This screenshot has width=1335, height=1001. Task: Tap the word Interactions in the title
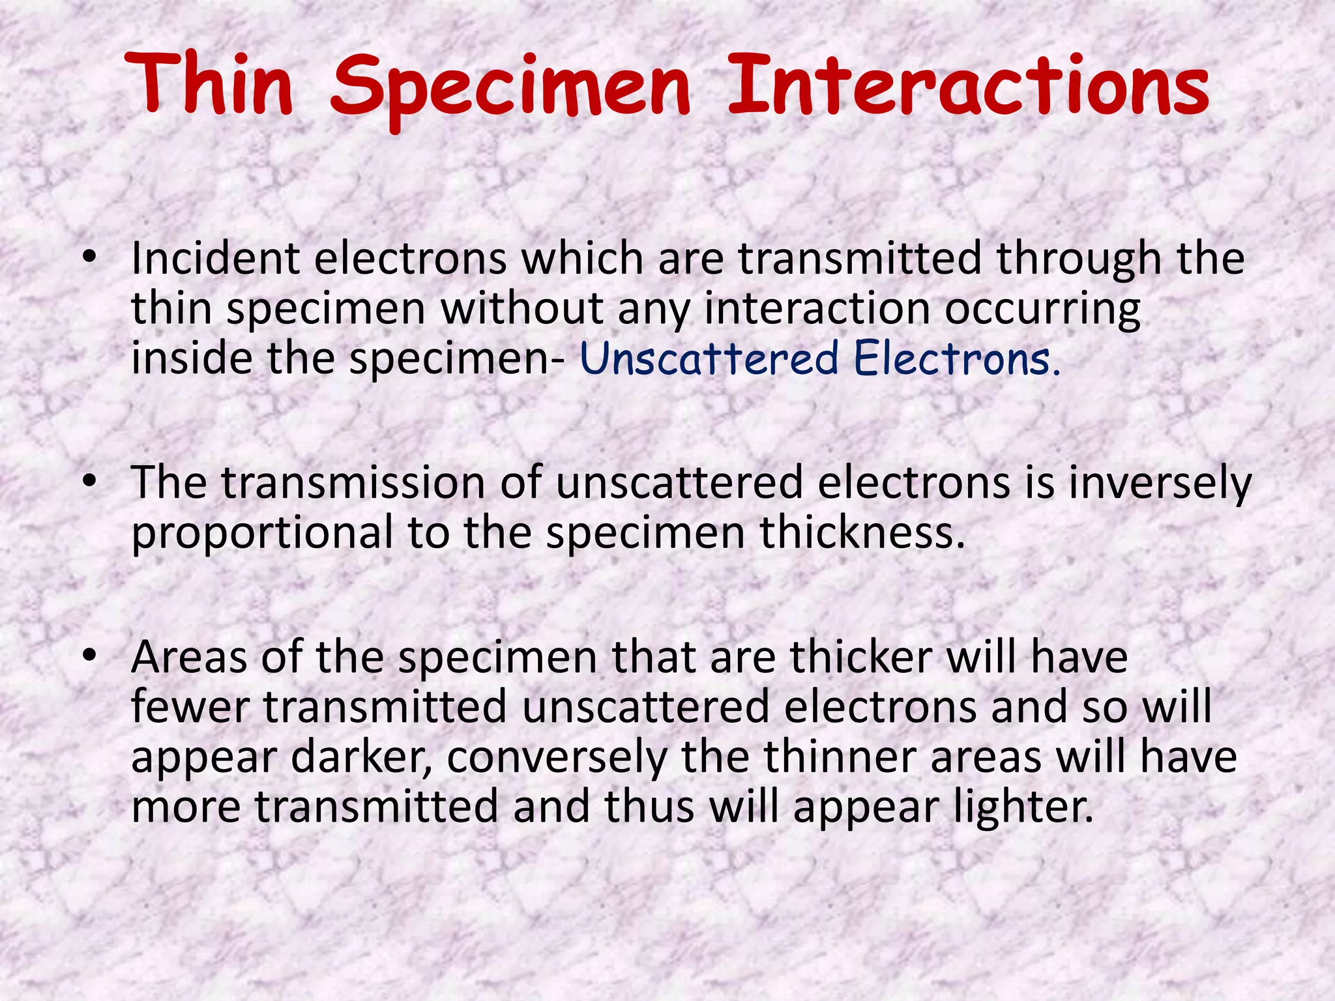tap(969, 86)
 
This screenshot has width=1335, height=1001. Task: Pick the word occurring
tap(1042, 310)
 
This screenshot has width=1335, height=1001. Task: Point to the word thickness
tap(862, 533)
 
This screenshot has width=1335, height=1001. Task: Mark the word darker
tap(360, 757)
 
